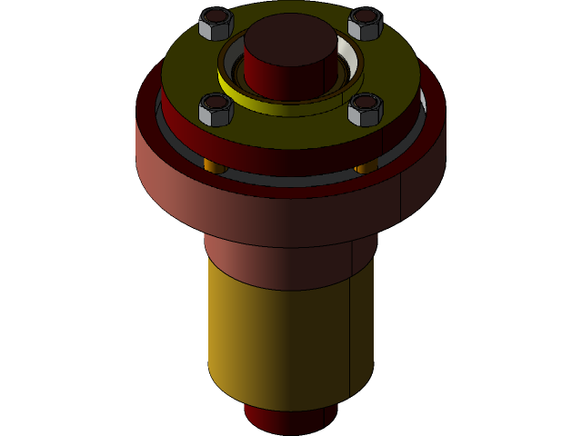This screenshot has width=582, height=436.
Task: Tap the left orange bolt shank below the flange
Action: coord(215,166)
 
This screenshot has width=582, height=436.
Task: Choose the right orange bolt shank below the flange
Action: coord(366,168)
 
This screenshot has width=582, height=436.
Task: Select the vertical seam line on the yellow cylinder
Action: coord(350,336)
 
